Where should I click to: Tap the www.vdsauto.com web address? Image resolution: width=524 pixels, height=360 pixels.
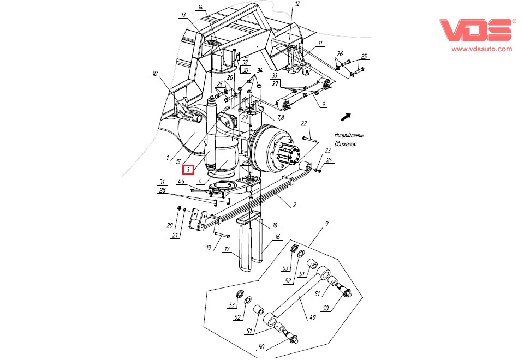coord(481,49)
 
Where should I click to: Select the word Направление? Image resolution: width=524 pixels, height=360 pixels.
coord(349,135)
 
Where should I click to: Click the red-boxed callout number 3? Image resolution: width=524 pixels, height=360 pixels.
coord(188,170)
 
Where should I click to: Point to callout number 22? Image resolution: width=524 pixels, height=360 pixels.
coord(304,123)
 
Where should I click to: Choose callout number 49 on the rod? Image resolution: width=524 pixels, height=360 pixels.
coord(313,317)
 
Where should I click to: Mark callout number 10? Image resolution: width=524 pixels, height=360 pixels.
coord(155,73)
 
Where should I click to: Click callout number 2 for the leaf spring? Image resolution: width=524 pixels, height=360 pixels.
coord(295,205)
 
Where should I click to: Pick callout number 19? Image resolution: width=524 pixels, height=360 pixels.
coord(208,248)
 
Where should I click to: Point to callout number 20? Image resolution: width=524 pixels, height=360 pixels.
coord(169,225)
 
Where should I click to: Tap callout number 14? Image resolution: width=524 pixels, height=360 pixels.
coord(200,7)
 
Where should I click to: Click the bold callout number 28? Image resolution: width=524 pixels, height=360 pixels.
coord(162,190)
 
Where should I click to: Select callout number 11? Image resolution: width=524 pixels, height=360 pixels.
coord(321,43)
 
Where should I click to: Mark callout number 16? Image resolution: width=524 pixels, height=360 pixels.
coord(277,237)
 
